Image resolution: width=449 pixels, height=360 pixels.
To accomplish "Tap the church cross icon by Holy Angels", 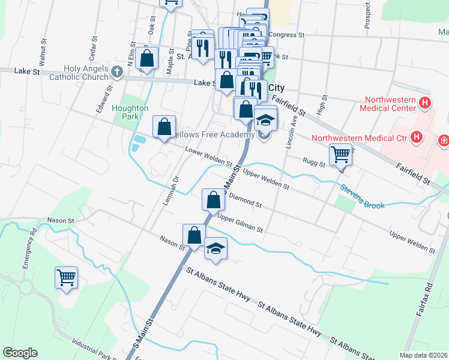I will pyautogui.click(x=117, y=73).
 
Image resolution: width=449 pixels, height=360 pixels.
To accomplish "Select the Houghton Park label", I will pyautogui.click(x=130, y=112).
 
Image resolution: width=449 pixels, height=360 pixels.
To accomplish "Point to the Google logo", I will pyautogui.click(x=20, y=353).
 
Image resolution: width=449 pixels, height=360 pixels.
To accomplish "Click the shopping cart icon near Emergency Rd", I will pyautogui.click(x=67, y=278).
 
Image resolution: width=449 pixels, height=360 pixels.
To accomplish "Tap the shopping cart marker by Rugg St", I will pyautogui.click(x=340, y=154).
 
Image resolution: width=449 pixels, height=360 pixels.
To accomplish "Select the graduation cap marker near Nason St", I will pyautogui.click(x=216, y=248).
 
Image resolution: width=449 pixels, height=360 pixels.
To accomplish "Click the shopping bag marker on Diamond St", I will pyautogui.click(x=213, y=200).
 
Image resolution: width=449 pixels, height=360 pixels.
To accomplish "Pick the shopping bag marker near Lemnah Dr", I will pyautogui.click(x=164, y=127).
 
